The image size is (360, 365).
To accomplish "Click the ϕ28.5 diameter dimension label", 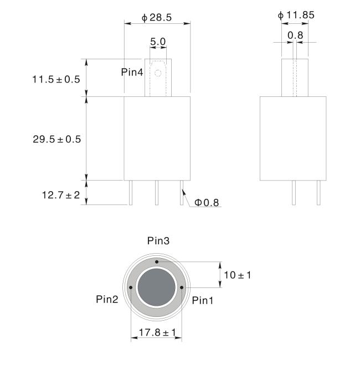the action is [x=157, y=18].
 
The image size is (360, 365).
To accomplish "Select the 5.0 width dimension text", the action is [x=158, y=42].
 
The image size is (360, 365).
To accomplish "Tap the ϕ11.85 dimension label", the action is [x=296, y=15].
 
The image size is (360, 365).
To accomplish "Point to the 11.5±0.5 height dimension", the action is [x=56, y=79].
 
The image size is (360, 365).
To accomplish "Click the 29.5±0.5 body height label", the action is [x=57, y=139].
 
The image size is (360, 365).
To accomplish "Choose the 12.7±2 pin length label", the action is [x=61, y=195].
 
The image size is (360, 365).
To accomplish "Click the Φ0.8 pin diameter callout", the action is [x=207, y=203].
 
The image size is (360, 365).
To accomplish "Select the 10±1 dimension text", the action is [x=238, y=275].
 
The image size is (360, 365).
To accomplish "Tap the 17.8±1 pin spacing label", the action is [x=157, y=332].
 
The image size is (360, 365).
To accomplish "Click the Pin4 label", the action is [x=132, y=72].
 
